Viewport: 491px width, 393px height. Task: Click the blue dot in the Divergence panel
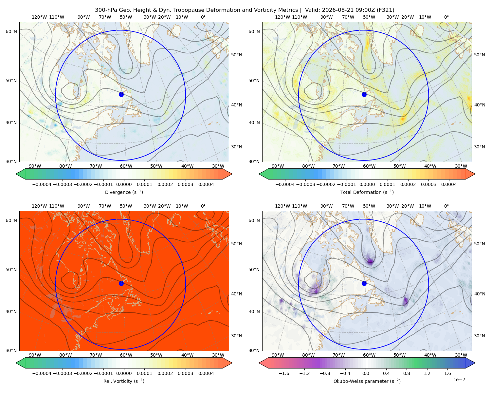121,94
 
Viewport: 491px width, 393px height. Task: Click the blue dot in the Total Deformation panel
364,94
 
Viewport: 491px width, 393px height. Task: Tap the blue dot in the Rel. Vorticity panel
121,283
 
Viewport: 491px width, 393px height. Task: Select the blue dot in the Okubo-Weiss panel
364,283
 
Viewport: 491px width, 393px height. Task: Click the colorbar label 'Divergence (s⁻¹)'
124,192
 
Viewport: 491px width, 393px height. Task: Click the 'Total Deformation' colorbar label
367,192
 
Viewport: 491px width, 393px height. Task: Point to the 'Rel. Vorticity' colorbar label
124,381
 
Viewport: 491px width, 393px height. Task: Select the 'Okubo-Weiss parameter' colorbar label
367,381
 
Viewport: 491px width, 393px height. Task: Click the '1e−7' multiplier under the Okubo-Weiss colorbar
459,380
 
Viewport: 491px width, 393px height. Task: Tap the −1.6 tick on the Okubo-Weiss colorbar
284,373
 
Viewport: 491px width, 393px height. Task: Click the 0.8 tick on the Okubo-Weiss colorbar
407,373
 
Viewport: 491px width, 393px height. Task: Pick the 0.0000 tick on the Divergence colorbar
124,184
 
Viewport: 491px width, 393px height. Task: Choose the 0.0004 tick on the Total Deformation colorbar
449,184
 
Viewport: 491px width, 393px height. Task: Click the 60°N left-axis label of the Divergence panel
11,31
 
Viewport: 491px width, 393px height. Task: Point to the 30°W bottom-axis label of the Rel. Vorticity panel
218,355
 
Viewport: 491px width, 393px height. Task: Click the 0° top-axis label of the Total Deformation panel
446,17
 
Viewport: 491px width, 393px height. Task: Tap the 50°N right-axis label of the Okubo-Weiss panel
479,244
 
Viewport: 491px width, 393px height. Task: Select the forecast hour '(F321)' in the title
386,10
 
